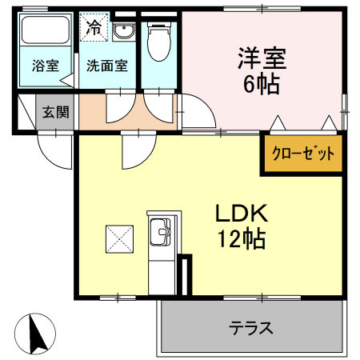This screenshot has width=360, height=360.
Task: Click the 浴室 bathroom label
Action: [45, 66]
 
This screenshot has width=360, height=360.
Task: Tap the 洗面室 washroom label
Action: [108, 66]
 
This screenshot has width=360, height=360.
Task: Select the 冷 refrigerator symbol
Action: [94, 28]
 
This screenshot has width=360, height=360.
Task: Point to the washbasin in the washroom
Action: [123, 33]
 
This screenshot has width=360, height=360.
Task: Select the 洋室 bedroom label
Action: [261, 58]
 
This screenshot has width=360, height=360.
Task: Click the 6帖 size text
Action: [261, 84]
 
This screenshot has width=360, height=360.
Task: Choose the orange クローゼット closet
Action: [303, 153]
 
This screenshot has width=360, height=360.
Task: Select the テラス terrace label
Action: [251, 327]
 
